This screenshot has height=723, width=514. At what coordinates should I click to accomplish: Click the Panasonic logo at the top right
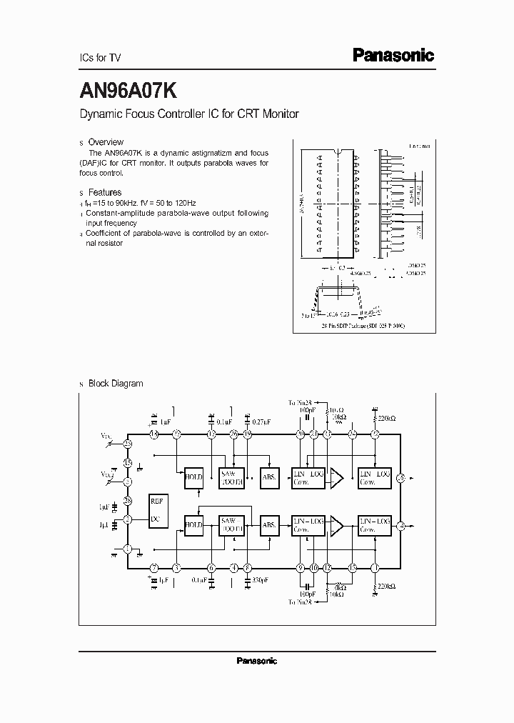[x=393, y=55]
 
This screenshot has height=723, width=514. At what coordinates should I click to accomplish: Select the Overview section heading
[x=105, y=142]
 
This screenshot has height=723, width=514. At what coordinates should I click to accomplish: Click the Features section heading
[x=104, y=192]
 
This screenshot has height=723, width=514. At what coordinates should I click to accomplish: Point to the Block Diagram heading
[x=115, y=384]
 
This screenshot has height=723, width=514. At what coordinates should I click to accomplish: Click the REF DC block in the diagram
[x=157, y=509]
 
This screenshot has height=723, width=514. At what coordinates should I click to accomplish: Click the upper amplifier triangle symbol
[x=336, y=479]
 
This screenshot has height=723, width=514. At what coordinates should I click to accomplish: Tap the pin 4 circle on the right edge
[x=401, y=526]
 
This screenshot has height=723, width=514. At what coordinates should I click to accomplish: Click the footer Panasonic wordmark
[x=256, y=662]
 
